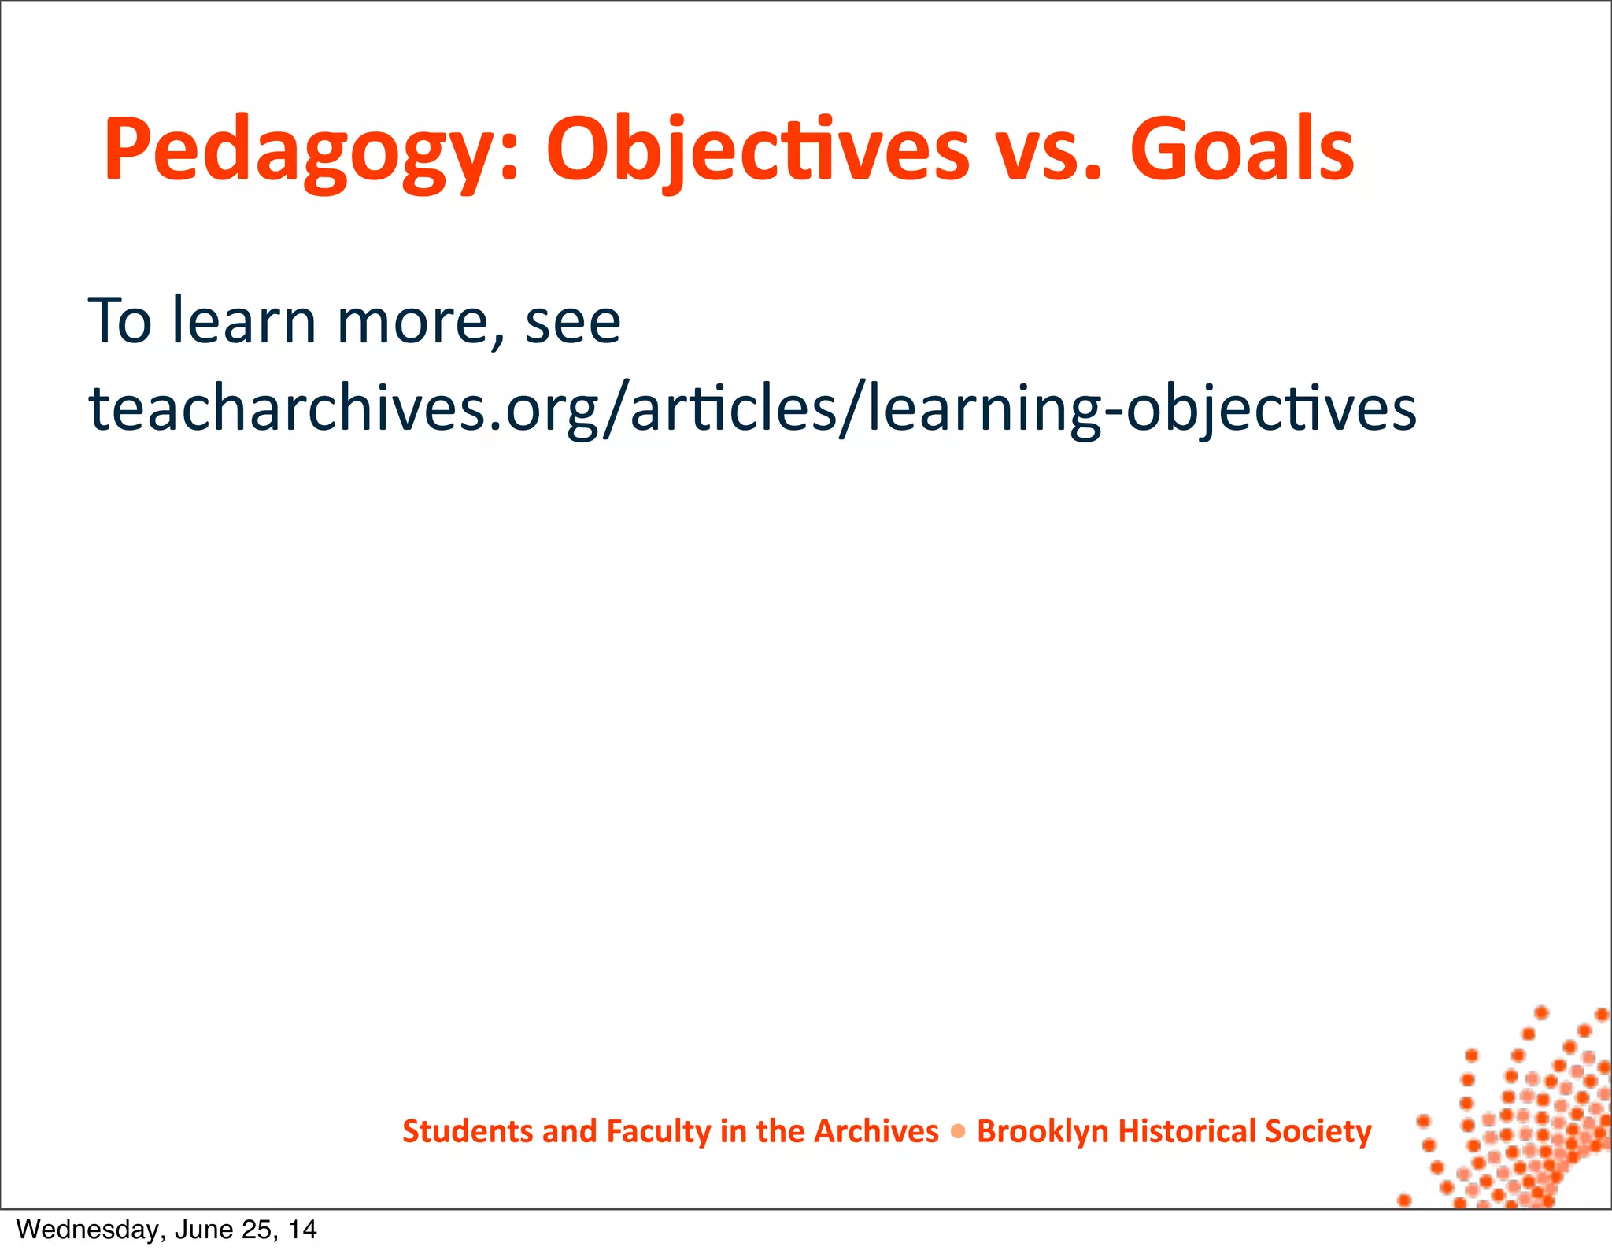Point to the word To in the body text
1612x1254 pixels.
[120, 320]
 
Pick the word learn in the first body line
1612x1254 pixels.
[244, 320]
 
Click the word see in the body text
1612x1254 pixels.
[573, 322]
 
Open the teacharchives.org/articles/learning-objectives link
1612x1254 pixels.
[752, 409]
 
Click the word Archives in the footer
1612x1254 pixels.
[876, 1131]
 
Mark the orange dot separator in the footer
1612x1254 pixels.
[958, 1132]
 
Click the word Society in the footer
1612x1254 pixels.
[1318, 1131]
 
